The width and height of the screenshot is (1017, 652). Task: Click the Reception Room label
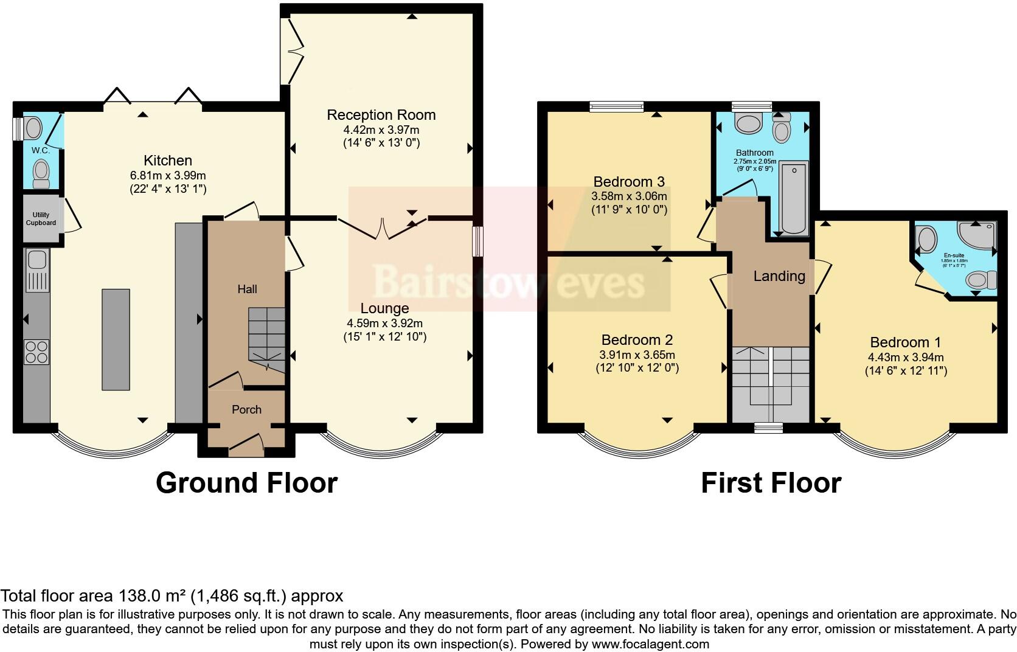click(x=381, y=115)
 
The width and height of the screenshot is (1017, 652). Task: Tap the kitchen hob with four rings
click(x=36, y=352)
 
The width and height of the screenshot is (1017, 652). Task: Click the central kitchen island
click(x=116, y=339)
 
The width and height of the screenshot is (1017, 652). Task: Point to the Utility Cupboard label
click(x=41, y=219)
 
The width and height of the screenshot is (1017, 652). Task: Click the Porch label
click(x=246, y=410)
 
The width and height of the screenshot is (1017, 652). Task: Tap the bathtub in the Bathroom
click(x=794, y=198)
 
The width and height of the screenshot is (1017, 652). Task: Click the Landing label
click(x=779, y=276)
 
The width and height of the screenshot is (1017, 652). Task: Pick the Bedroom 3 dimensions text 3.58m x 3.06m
click(x=629, y=196)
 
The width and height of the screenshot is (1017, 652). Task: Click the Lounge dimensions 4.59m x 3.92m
click(x=384, y=323)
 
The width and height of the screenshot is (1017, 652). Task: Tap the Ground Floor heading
click(x=246, y=483)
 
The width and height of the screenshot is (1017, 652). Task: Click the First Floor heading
click(x=771, y=483)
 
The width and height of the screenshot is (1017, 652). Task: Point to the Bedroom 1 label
click(x=905, y=342)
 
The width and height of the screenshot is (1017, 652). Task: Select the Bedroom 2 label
click(x=637, y=340)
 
